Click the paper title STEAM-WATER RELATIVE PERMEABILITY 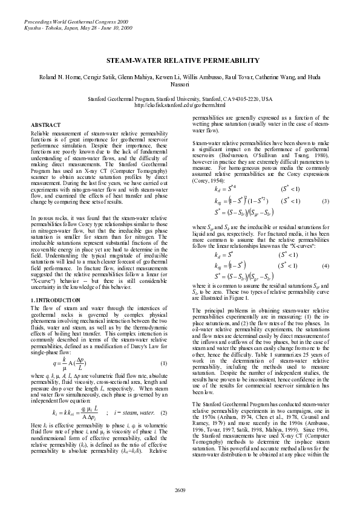coord(180,62)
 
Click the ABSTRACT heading coord(44,125)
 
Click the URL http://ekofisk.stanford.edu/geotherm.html coord(180,105)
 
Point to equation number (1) coord(163,363)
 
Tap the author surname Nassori coord(180,86)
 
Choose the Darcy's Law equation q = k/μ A coord(65,363)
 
